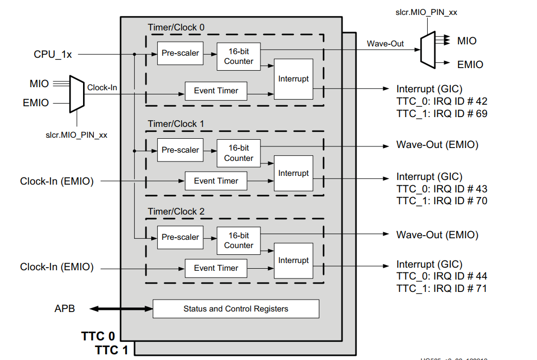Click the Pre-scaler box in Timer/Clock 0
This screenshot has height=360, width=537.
pos(180,53)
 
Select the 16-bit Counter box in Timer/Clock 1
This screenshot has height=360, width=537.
pos(238,153)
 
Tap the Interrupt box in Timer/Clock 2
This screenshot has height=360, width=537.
pos(293,260)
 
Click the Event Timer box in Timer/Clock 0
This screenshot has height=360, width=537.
pos(216,91)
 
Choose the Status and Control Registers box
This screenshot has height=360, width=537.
pos(236,309)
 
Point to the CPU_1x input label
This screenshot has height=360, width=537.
pos(53,54)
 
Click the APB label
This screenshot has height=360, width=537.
pos(64,309)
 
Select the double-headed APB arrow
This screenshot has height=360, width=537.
pos(122,309)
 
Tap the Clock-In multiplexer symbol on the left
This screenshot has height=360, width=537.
pos(76,95)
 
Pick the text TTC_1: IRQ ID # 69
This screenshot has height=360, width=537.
pos(442,113)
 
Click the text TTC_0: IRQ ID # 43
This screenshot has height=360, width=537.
pos(442,189)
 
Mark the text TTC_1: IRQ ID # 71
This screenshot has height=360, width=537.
pos(442,288)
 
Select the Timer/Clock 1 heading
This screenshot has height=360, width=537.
pos(176,124)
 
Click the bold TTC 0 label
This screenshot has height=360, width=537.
pos(97,336)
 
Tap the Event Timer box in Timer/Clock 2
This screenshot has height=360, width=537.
pos(216,268)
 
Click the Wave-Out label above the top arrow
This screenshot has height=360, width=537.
pos(385,44)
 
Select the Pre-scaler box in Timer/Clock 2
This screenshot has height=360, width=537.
pos(180,237)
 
